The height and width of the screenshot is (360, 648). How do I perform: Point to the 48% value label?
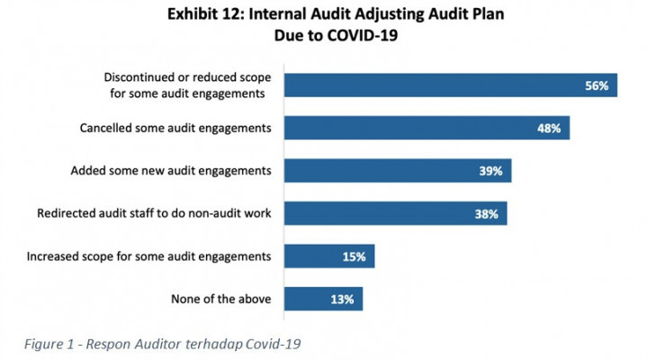click(549, 129)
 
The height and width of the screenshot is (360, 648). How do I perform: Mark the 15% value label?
click(354, 256)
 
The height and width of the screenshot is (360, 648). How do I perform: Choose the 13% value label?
click(343, 299)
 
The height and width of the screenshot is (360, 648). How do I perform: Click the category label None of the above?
click(220, 299)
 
